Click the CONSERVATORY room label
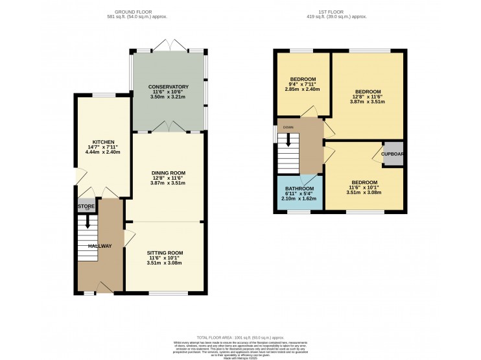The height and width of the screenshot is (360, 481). (x=168, y=86)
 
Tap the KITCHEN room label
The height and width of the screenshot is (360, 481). (x=103, y=141)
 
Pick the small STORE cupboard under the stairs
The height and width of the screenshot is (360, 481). (x=86, y=207)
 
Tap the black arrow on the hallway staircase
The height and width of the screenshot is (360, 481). (x=88, y=222)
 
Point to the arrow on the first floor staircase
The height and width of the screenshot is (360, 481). (x=289, y=139)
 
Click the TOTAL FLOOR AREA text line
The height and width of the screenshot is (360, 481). (x=240, y=337)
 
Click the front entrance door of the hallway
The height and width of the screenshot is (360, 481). (x=104, y=287)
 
